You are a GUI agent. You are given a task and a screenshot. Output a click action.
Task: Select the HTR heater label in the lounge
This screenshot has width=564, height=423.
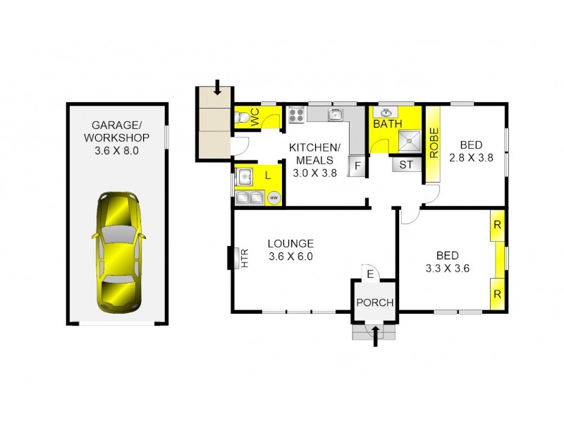click(x=245, y=260)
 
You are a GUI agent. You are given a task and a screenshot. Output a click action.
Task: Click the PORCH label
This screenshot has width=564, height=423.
click(x=374, y=303)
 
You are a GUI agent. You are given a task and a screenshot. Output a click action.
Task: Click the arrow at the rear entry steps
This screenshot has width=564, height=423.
click(x=217, y=88)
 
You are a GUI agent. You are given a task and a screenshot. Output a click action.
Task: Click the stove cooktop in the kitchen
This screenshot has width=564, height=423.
click(x=295, y=114)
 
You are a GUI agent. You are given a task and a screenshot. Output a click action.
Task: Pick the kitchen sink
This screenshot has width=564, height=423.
click(x=336, y=115)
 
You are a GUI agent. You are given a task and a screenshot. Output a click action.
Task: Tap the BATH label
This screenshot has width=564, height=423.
click(x=387, y=125)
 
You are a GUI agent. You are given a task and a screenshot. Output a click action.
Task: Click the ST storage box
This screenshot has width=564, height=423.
click(x=406, y=166)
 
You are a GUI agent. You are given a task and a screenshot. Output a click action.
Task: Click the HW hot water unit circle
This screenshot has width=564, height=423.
click(x=274, y=198)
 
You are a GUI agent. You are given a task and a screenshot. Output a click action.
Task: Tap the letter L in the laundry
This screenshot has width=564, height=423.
click(x=268, y=174)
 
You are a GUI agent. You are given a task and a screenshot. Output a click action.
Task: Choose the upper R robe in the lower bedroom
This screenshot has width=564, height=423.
click(x=498, y=226)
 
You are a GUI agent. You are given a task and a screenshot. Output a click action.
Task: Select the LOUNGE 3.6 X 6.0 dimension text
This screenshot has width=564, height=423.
click(x=290, y=257)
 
